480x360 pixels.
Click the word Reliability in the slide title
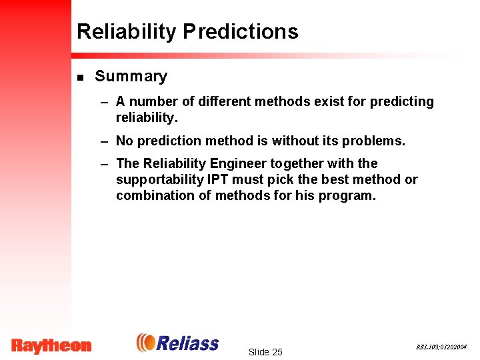click(127, 31)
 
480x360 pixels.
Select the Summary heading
click(131, 77)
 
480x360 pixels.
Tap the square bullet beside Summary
click(80, 77)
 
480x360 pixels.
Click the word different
click(220, 102)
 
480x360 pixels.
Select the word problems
click(375, 141)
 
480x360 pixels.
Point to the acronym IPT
click(217, 180)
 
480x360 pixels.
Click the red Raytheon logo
click(51, 345)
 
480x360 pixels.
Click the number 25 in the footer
click(277, 352)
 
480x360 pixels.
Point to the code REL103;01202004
click(441, 347)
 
